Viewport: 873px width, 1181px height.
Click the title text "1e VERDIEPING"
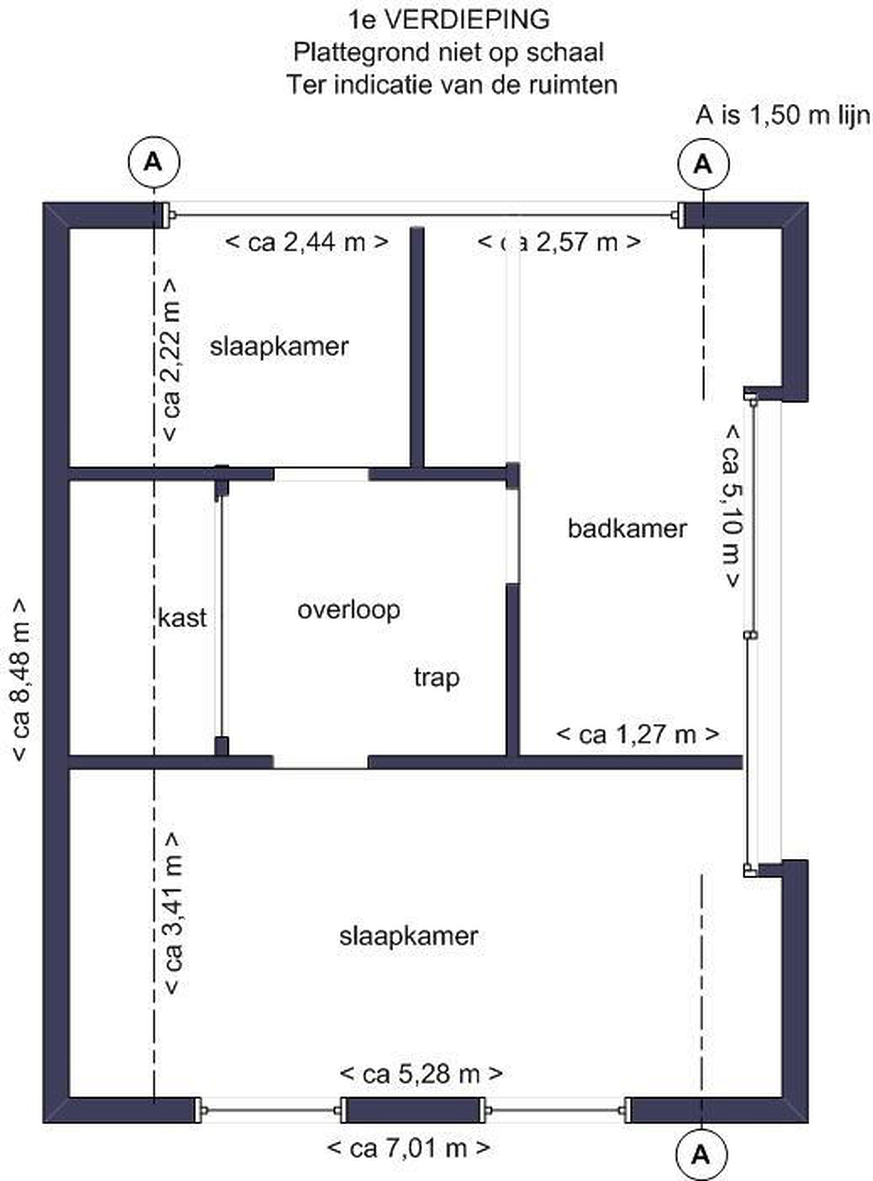coord(449,20)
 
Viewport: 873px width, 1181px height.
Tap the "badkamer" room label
coord(627,529)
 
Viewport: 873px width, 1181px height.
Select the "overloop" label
coord(349,611)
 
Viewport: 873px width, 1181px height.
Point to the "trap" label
coord(436,678)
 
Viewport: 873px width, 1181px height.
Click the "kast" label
coord(182,618)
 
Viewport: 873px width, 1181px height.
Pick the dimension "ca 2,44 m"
coord(307,242)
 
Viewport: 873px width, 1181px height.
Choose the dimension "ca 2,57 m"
coord(559,242)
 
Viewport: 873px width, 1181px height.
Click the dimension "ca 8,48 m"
coord(21,680)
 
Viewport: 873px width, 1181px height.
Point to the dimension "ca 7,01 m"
coord(409,1147)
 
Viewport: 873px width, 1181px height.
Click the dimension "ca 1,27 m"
coord(638,735)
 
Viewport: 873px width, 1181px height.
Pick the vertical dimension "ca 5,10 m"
coord(732,506)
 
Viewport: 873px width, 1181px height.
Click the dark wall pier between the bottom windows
coord(413,1110)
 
